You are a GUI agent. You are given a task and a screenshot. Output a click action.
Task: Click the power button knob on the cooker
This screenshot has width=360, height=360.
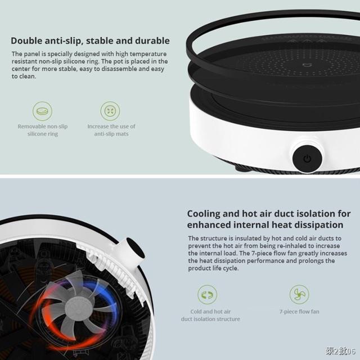click(x=307, y=159)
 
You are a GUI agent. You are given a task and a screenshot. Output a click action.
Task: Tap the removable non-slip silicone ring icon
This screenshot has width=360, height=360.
click(x=42, y=111)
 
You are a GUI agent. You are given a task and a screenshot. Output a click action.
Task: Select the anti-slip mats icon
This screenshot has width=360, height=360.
click(x=110, y=111)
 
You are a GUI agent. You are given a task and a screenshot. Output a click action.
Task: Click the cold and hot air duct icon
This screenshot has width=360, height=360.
click(x=208, y=295)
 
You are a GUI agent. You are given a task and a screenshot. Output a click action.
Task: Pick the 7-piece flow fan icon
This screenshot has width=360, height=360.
click(x=299, y=295)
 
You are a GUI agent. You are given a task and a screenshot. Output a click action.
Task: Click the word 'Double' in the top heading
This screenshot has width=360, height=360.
click(x=26, y=41)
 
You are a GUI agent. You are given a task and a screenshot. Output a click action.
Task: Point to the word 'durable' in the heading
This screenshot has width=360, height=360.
click(x=152, y=41)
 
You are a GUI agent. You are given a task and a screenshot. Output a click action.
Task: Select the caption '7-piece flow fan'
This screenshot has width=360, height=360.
click(x=299, y=312)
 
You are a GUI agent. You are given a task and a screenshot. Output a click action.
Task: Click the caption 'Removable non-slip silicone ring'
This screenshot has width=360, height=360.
click(x=43, y=130)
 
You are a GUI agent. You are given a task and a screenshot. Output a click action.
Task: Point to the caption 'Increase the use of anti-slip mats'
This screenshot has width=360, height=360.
click(x=111, y=130)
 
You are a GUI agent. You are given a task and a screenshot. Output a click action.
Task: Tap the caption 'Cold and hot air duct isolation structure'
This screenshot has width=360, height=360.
click(x=210, y=316)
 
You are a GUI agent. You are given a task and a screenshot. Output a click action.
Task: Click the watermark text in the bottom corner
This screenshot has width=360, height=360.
click(x=340, y=351)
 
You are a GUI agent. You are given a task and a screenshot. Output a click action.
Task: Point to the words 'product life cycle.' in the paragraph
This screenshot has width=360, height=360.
click(x=213, y=268)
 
